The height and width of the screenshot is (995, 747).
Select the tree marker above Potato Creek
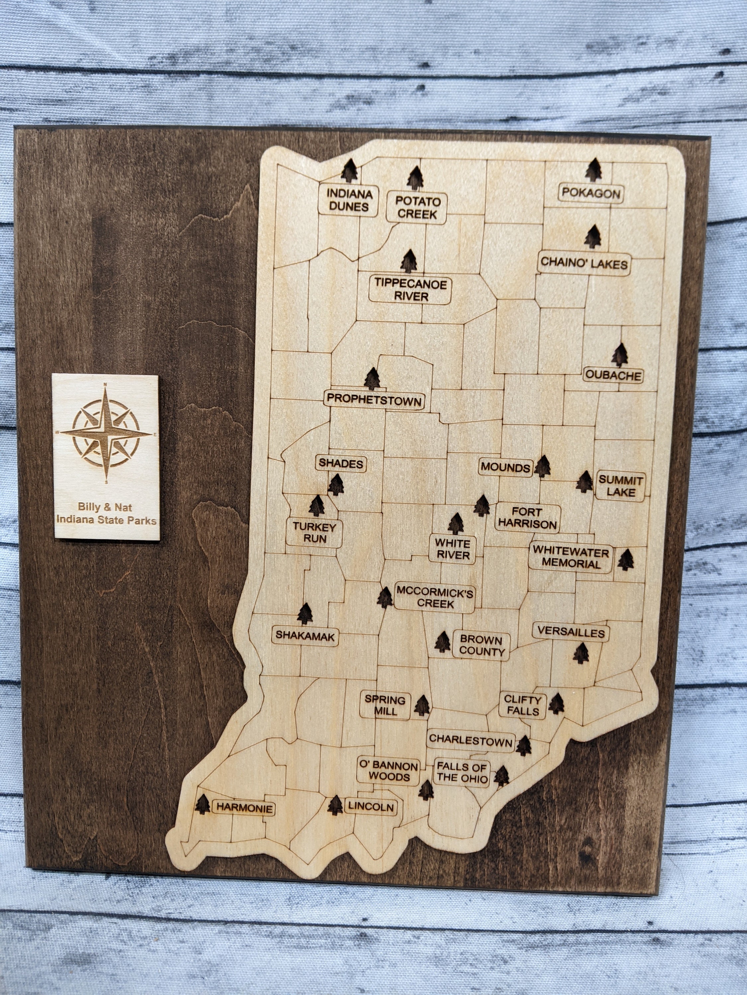pos(415,178)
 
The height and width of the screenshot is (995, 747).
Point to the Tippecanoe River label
pos(411,290)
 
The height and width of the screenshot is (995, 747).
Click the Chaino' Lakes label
pos(584,263)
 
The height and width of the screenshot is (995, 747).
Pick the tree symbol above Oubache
pos(621,355)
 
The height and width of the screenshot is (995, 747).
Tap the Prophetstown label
pos(374,399)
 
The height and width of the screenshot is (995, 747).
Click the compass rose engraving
pos(106,434)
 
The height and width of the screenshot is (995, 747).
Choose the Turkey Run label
pos(315,532)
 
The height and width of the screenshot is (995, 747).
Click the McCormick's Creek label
pos(435,597)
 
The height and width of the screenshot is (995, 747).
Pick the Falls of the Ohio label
pos(462,772)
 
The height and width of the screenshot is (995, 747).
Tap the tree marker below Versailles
pos(581,653)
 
